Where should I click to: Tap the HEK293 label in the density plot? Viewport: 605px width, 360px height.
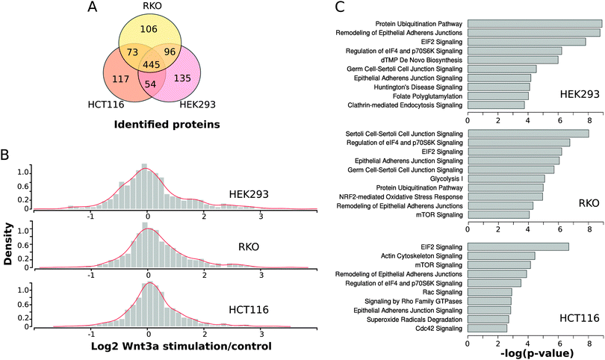coord(249,195)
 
